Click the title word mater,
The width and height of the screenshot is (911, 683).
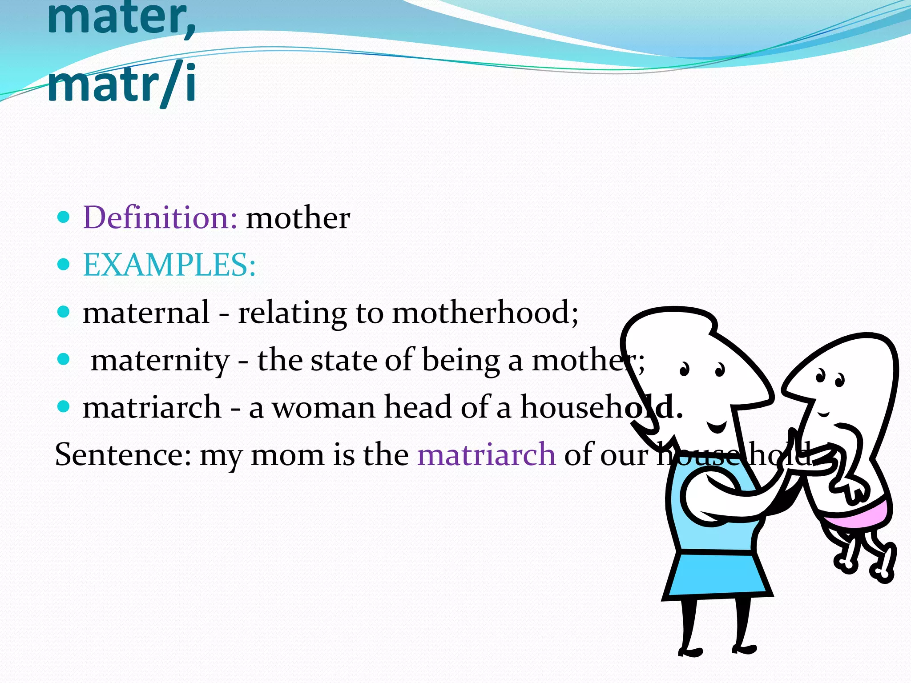coord(121,19)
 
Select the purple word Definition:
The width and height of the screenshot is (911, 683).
coord(160,218)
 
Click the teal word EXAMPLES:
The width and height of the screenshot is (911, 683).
coord(169,265)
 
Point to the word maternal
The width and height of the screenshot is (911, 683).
coord(146,312)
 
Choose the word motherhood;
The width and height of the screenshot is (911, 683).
coord(485,312)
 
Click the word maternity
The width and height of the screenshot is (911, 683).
coord(160,360)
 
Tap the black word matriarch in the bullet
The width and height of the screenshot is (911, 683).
coord(152,407)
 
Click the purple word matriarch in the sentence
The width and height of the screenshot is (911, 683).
coord(486,454)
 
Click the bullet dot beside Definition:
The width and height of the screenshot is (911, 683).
coord(64,217)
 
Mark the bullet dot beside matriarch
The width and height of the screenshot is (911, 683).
coord(64,406)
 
